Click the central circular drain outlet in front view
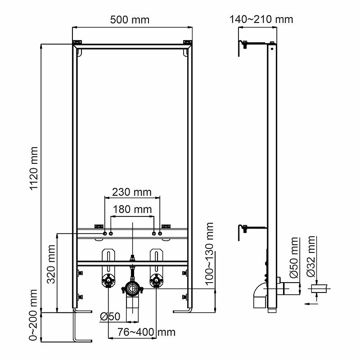tap(131, 288)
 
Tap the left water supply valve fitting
tap(109, 282)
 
